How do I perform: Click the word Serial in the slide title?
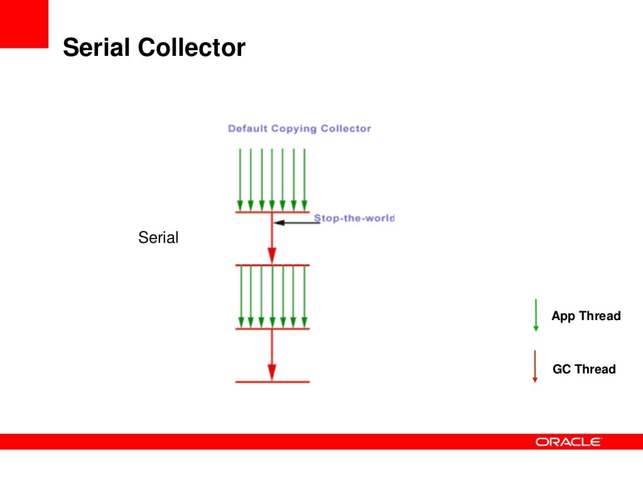coord(97,48)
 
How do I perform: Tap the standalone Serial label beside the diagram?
coord(158,238)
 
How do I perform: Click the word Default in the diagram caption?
coord(247,129)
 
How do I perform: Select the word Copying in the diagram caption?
coord(294,129)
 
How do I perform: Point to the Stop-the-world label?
coord(354,218)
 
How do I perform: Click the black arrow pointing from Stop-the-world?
coord(298,222)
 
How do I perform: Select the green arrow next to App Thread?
coord(536,315)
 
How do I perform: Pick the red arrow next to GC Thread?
coord(535,367)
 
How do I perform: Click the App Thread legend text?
coord(586,316)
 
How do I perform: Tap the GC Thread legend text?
coord(584,369)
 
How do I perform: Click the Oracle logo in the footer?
coord(568,442)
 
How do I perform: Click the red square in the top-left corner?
coord(24,24)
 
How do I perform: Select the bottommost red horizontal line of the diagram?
coord(272,382)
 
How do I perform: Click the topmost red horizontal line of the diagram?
coord(272,212)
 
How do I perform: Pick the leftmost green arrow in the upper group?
coord(240,179)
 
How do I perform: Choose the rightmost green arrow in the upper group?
coord(305,179)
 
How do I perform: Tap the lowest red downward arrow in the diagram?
coord(272,355)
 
